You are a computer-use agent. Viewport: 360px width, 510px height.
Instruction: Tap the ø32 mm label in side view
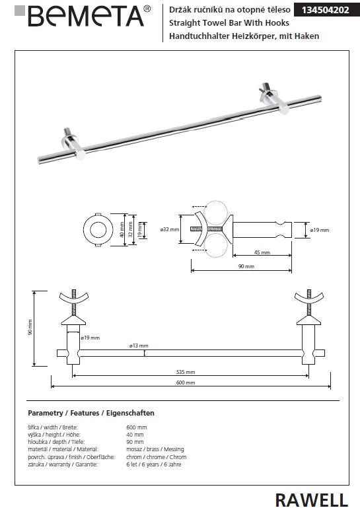click(169, 229)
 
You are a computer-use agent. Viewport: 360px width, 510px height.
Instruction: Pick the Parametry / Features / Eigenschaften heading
click(91, 413)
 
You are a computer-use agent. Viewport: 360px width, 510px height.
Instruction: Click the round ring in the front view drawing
click(97, 231)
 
